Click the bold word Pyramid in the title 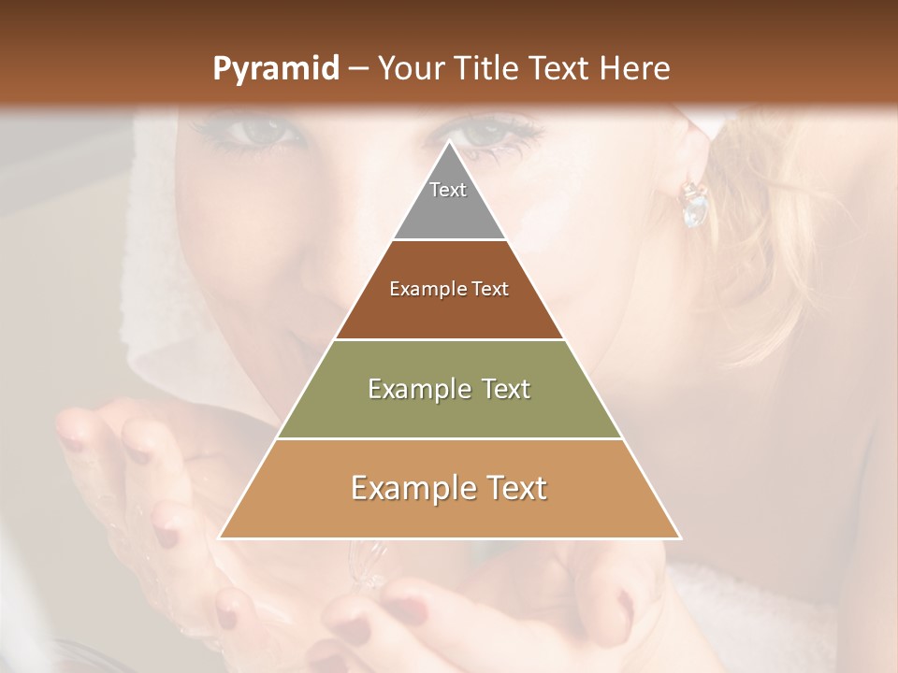275,69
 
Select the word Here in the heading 636,68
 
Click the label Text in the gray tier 448,190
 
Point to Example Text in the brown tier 449,289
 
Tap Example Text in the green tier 449,389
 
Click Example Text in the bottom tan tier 449,488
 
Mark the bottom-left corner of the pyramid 220,537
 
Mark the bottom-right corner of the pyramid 680,537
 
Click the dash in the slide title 358,69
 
